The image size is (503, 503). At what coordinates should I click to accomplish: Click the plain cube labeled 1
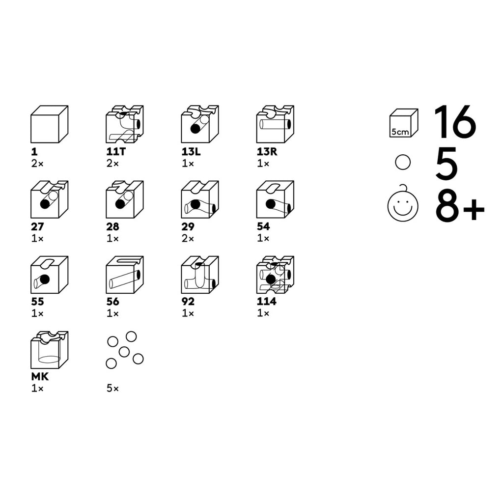click(50, 124)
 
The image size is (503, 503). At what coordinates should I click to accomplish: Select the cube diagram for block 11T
click(125, 124)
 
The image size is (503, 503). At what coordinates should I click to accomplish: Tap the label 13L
click(191, 151)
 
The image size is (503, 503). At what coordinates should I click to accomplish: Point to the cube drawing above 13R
click(275, 124)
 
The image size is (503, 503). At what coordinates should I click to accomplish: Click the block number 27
click(37, 227)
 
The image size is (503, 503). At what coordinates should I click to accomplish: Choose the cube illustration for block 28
click(125, 199)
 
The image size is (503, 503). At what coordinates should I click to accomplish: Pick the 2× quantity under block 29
click(188, 239)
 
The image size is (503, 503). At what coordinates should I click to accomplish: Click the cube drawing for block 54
click(275, 199)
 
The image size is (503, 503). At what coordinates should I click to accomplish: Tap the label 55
click(37, 302)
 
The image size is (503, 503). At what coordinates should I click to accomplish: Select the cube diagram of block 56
click(125, 275)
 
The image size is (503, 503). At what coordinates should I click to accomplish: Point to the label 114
click(267, 301)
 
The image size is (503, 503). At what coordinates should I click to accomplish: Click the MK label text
click(40, 377)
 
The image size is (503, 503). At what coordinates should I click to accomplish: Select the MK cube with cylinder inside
click(50, 350)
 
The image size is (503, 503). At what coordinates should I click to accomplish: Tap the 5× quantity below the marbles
click(112, 389)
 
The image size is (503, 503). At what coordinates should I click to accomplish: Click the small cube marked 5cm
click(404, 123)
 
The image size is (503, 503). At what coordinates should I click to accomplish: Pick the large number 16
click(455, 122)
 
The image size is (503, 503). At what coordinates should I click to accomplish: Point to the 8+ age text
click(460, 206)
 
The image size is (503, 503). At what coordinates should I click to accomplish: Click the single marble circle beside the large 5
click(403, 162)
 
